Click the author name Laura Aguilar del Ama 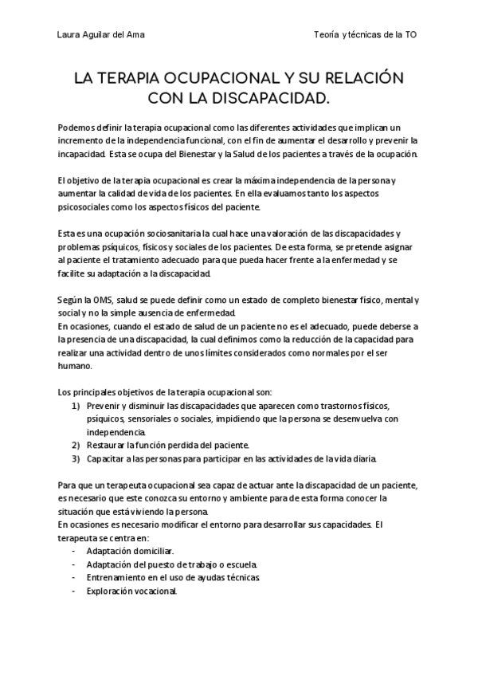click(x=101, y=36)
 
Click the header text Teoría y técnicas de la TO click(x=366, y=36)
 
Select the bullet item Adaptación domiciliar click(x=130, y=551)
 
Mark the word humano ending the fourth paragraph click(x=76, y=366)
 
